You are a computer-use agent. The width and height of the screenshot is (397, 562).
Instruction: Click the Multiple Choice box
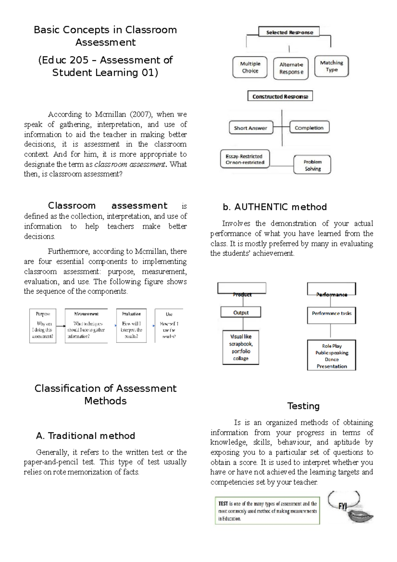tap(250, 67)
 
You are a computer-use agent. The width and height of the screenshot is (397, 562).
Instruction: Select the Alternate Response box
tap(291, 69)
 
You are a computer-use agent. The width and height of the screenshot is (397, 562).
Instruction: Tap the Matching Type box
tap(331, 66)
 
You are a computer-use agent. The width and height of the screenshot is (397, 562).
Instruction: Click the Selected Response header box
tap(289, 32)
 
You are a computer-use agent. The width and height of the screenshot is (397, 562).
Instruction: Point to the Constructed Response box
tap(280, 96)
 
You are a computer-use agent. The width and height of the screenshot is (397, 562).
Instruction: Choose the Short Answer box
tap(251, 128)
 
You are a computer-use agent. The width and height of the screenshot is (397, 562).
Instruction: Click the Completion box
tap(309, 128)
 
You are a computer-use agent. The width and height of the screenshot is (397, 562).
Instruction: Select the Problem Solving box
tap(312, 165)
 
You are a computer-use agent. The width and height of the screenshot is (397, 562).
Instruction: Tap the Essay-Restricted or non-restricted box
tap(245, 159)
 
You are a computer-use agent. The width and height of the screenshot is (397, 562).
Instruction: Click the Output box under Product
tap(241, 312)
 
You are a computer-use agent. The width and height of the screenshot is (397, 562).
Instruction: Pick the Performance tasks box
tap(331, 313)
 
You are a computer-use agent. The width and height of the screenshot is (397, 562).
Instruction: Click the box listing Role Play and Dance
tap(331, 356)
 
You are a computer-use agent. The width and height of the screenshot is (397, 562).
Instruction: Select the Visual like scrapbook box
tap(241, 348)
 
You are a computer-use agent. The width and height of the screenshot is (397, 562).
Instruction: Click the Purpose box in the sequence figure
tap(43, 326)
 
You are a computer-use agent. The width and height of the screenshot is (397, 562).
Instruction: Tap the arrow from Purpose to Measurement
tap(61, 326)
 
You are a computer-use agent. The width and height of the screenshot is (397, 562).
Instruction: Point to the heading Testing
tap(303, 406)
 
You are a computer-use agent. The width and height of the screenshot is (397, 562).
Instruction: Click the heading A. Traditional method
tap(85, 436)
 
